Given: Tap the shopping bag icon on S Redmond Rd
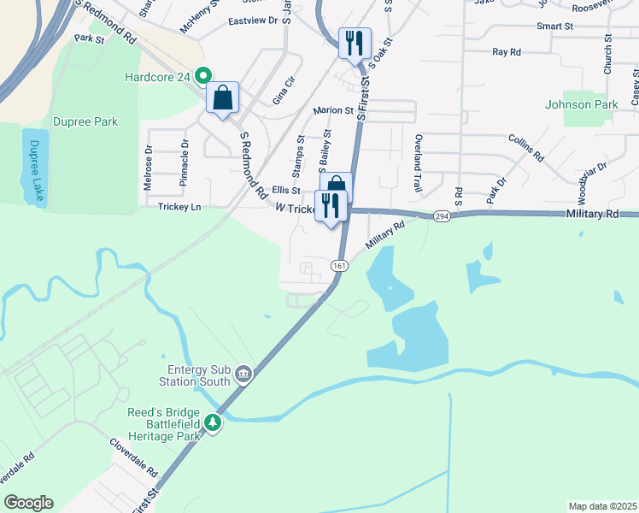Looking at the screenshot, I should click(x=222, y=98).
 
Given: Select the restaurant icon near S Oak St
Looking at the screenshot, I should click(x=355, y=43).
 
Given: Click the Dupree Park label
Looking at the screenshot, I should click(x=85, y=122).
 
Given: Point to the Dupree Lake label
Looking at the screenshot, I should click(x=35, y=170).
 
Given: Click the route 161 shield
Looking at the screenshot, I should click(x=340, y=265).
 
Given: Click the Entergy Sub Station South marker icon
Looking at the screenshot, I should click(x=243, y=373).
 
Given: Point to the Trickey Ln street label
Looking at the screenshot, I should click(x=179, y=207).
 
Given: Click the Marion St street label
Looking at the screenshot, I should click(x=333, y=110).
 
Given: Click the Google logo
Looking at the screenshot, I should click(x=28, y=503).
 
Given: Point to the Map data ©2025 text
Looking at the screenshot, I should click(x=601, y=506).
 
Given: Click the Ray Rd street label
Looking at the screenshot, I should click(x=507, y=52).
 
